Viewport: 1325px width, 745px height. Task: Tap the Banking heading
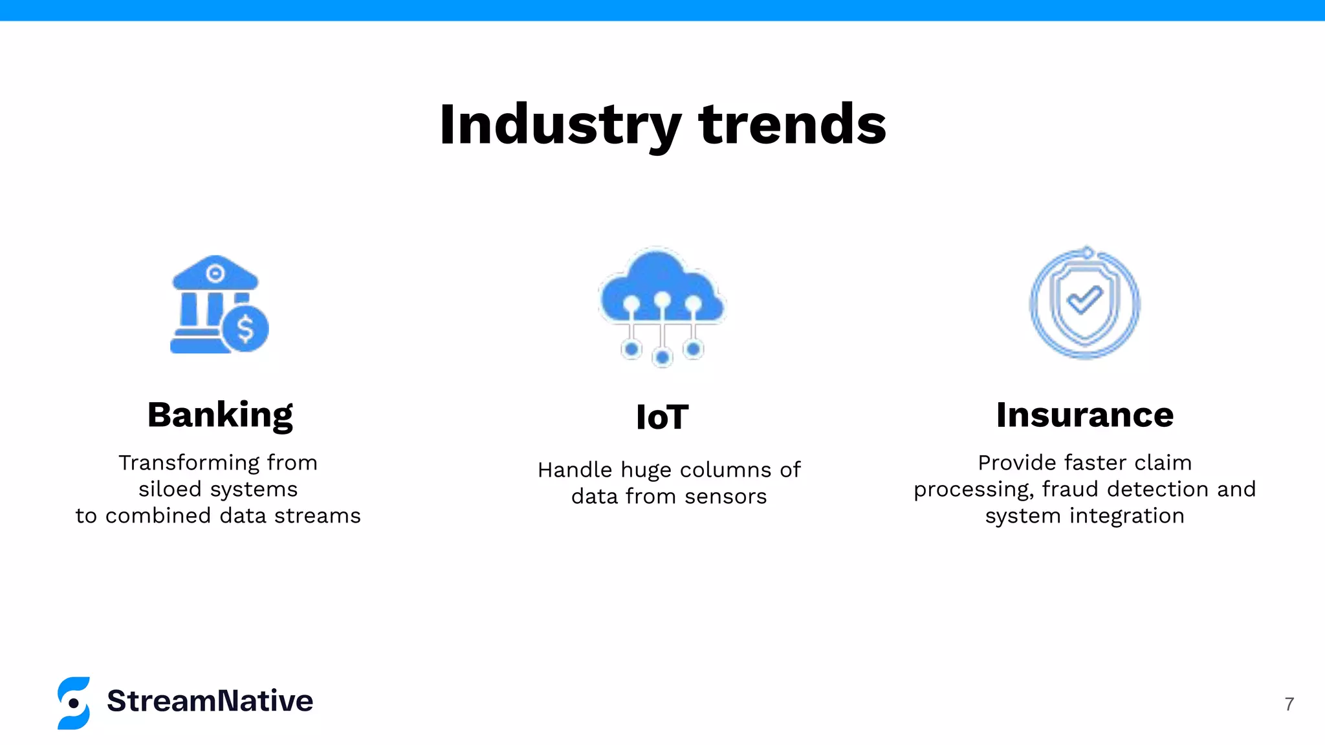(x=220, y=415)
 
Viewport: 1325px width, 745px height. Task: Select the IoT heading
(x=662, y=417)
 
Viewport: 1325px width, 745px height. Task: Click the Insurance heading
(x=1084, y=415)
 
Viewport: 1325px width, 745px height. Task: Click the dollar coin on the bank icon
(x=245, y=329)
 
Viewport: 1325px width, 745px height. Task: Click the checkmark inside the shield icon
(x=1084, y=300)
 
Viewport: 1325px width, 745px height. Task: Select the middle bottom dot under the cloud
(x=662, y=356)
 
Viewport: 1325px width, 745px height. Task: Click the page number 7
(x=1289, y=704)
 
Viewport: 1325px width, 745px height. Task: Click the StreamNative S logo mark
(x=74, y=703)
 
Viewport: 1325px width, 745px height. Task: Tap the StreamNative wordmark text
(x=210, y=701)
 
